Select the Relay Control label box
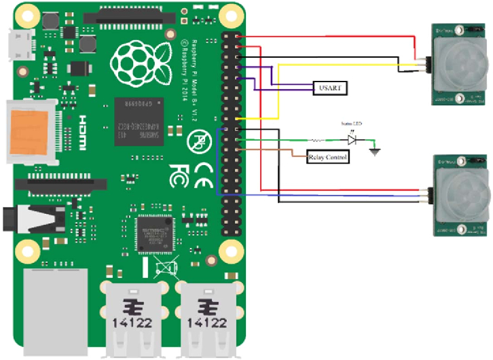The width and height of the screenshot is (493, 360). point(329,158)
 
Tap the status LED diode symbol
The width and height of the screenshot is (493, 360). point(352,140)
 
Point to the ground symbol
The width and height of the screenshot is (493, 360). point(374,151)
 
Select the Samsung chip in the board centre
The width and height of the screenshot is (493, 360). point(141,116)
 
